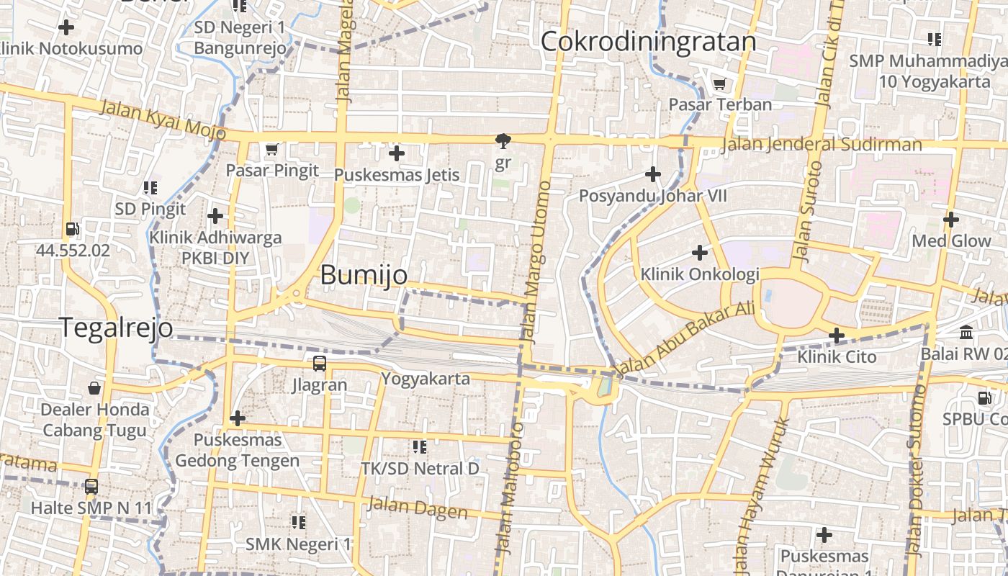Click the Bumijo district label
tap(364, 275)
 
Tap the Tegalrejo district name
tap(116, 328)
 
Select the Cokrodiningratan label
tap(648, 42)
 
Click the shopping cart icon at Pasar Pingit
tap(271, 150)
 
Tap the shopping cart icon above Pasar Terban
tap(719, 84)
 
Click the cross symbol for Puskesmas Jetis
tap(396, 153)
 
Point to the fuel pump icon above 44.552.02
tap(73, 230)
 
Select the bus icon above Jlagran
tap(320, 364)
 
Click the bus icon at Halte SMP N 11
tap(91, 487)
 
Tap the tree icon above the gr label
tap(502, 141)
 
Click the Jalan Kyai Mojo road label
tap(163, 120)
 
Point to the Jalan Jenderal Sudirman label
tap(821, 145)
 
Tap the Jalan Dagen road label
tap(417, 508)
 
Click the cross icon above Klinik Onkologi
tap(699, 253)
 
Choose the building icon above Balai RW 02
tap(966, 333)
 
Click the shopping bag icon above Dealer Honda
tap(94, 389)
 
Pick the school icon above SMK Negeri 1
tap(299, 522)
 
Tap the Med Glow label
tap(951, 241)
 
